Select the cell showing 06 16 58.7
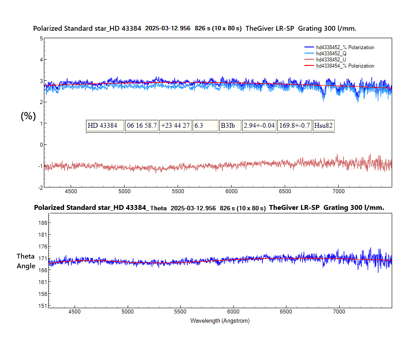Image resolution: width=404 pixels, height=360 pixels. tap(141, 126)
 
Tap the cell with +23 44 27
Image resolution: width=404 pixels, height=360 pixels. tap(175, 126)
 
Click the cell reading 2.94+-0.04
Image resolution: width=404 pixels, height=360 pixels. tap(259, 126)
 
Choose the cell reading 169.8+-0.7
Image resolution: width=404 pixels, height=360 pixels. tap(294, 126)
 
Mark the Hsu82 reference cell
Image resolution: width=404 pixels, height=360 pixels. tap(323, 126)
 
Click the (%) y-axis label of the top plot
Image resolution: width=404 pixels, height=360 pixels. tap(28, 116)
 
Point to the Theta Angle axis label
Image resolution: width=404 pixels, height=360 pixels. tap(26, 261)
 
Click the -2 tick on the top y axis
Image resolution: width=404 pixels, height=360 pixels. tap(40, 187)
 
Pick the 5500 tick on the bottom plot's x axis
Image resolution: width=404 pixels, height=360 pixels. tap(180, 312)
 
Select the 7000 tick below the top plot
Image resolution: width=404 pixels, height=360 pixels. tap(338, 191)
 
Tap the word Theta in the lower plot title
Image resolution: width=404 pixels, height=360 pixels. tap(158, 209)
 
